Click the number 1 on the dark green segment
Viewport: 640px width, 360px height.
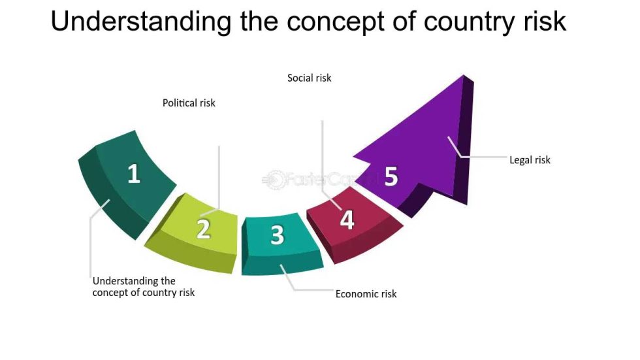[134, 174]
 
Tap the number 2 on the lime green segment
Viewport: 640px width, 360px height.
[204, 229]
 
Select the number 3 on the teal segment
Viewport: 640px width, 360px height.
[278, 235]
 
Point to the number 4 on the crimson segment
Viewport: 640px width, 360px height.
[347, 220]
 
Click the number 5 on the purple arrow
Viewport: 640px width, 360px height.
[391, 176]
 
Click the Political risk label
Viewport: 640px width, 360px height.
[189, 103]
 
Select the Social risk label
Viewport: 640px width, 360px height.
[310, 78]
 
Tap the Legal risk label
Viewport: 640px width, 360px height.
[530, 159]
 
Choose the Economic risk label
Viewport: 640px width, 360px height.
[366, 293]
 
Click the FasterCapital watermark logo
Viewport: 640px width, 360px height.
[313, 178]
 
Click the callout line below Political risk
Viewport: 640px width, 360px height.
[219, 176]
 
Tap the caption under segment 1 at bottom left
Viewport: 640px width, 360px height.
[143, 287]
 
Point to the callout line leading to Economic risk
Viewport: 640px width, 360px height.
[307, 288]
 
